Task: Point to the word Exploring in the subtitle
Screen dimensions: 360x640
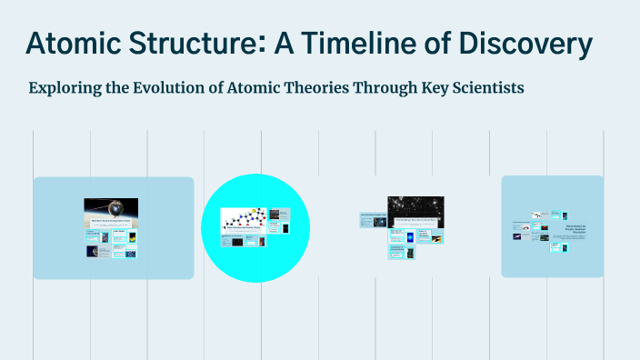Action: click(66, 88)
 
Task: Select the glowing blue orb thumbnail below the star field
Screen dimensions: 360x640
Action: click(408, 236)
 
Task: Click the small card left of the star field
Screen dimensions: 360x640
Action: click(374, 219)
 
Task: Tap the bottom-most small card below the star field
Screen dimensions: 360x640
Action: click(401, 255)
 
